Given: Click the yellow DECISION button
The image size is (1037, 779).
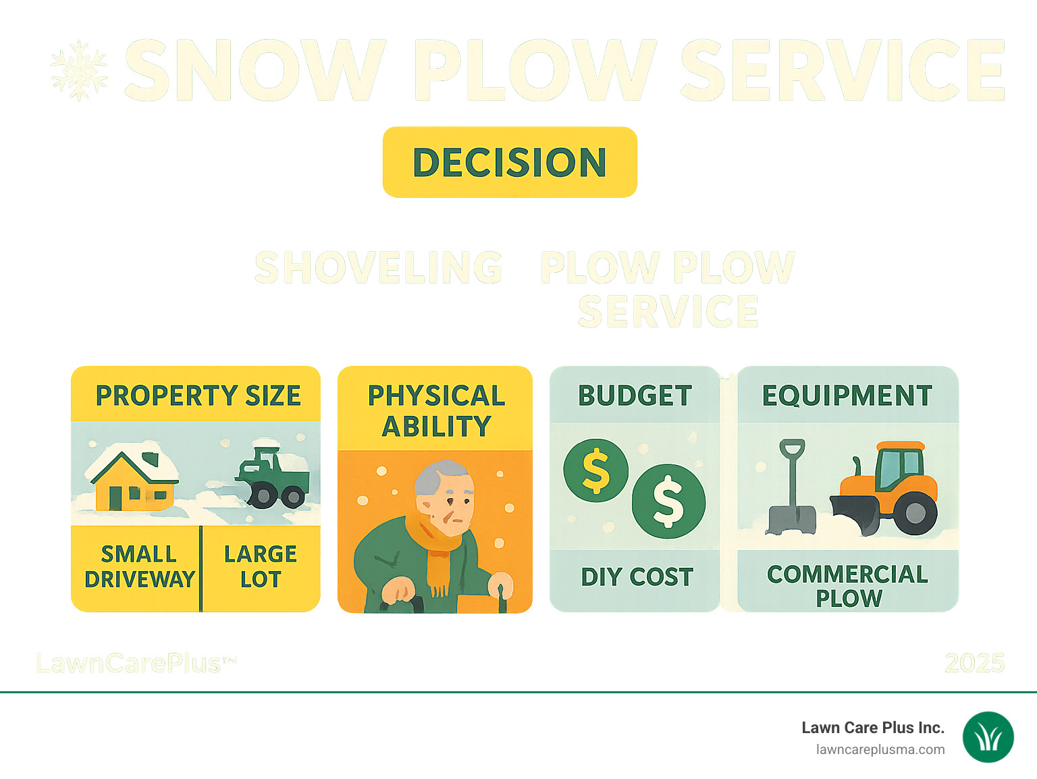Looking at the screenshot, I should (x=510, y=162).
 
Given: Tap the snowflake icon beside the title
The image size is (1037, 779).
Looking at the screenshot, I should (x=79, y=71).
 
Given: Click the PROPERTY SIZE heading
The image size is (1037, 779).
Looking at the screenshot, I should (x=198, y=396).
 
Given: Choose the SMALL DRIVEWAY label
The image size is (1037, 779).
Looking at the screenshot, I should (x=139, y=567).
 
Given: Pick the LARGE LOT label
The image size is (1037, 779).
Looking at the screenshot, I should (x=261, y=567).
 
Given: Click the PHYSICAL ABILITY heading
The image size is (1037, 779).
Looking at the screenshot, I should (x=436, y=410).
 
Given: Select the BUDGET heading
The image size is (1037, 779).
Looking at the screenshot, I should (x=635, y=396).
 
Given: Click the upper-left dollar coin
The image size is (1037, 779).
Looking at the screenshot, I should (x=595, y=471).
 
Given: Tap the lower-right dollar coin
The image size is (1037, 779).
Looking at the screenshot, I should (x=668, y=502).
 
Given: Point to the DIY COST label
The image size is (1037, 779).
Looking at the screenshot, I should (x=637, y=577).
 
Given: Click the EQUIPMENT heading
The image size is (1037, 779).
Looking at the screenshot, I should (x=847, y=396).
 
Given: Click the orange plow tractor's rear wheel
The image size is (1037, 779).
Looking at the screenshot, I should (x=915, y=513).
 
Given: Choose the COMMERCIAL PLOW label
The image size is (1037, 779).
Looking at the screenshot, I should (x=848, y=586).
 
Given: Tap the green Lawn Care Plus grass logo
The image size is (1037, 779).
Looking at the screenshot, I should (x=988, y=737).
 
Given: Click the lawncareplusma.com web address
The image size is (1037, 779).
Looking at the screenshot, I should (x=880, y=749).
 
